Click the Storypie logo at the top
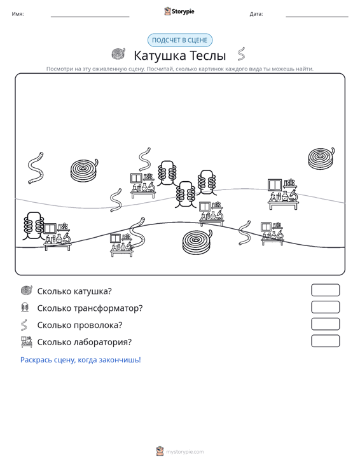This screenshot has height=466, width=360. point(179,11)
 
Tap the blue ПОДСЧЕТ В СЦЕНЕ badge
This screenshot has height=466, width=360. point(180,40)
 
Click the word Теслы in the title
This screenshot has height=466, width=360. point(207,55)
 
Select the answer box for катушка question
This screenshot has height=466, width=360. point(325,290)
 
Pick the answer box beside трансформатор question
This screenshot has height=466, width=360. point(325,307)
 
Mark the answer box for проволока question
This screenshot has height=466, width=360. point(325,324)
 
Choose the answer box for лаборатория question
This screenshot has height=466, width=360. point(325,341)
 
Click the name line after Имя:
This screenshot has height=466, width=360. point(90,17)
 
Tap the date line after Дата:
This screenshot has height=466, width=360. point(317,17)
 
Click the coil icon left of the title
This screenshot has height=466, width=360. point(118,54)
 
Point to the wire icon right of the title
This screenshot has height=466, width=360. point(242,54)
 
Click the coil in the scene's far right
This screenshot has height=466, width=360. point(321,158)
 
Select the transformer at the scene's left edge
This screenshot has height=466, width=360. point(33,226)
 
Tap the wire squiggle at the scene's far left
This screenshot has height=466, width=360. point(36,168)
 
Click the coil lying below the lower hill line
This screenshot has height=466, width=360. point(197,242)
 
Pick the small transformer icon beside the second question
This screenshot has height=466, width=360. point(25,307)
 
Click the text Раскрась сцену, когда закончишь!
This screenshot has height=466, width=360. point(81,360)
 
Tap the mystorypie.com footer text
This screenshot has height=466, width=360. point(184,452)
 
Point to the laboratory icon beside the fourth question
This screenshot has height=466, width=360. point(27,342)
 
